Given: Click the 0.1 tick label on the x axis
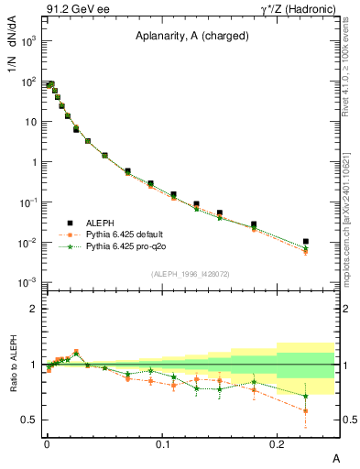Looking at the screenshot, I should (162, 443).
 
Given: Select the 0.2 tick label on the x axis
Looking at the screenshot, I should (278, 443).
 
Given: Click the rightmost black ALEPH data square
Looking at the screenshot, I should (306, 242).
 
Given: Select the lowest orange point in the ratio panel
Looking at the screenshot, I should (306, 410).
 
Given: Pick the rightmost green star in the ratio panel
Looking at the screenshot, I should (306, 397).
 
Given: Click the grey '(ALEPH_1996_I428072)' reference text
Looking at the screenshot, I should (191, 273).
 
